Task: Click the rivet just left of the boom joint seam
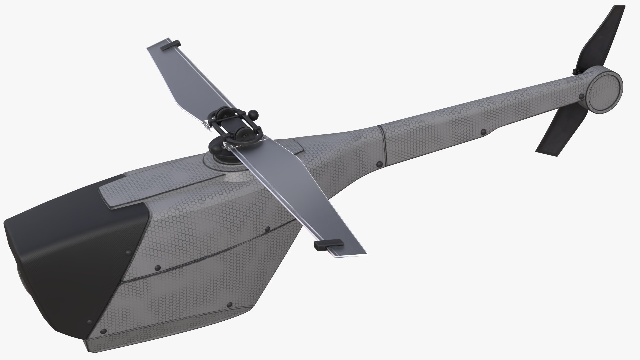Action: (x=379, y=164)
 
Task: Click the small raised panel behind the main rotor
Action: (x=293, y=147)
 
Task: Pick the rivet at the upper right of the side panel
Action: (x=267, y=229)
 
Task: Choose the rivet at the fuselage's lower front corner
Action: (x=103, y=331)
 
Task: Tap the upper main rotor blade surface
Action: (x=187, y=80)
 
